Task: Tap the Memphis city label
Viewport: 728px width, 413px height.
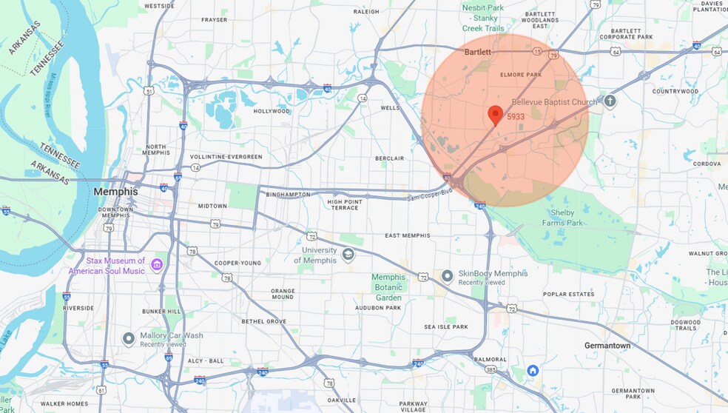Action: [115, 192]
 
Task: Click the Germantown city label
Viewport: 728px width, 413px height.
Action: [607, 346]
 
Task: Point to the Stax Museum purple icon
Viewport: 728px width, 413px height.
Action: [157, 264]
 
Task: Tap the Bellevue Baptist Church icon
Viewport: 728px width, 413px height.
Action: [610, 101]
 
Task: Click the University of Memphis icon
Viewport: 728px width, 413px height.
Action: [348, 255]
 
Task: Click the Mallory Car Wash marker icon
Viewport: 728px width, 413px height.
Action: [129, 339]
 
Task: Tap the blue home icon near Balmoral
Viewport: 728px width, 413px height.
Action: [533, 370]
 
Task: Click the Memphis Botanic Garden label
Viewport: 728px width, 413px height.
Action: [388, 287]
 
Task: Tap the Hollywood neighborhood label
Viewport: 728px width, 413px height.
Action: [272, 111]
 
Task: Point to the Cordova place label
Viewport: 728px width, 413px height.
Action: [707, 163]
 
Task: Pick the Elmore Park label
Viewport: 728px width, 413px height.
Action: [521, 75]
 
